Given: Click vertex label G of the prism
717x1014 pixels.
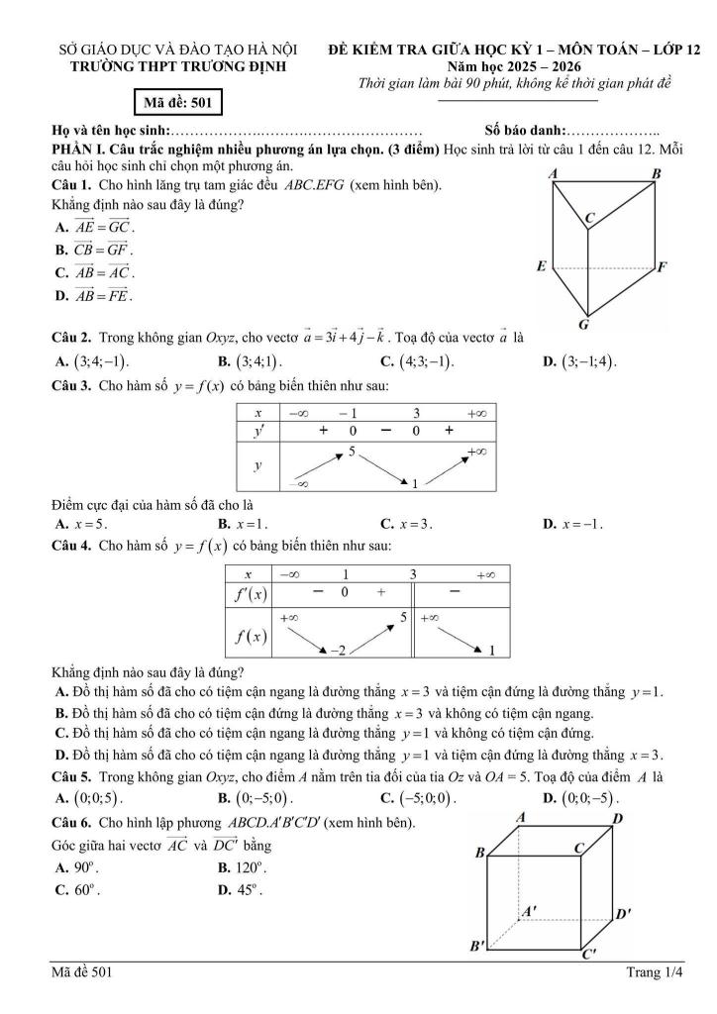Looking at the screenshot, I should coord(584,325).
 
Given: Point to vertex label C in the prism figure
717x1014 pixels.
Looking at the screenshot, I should coord(589,217).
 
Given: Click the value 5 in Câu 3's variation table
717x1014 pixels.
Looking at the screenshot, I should coord(351,452).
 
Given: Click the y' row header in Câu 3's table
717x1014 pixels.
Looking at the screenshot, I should coord(257,431).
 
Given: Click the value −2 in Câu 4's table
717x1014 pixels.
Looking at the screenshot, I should coord(339,651).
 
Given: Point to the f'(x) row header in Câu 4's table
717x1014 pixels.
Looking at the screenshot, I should coord(247,593).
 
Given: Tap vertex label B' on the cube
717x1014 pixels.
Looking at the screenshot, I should coord(479,947).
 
